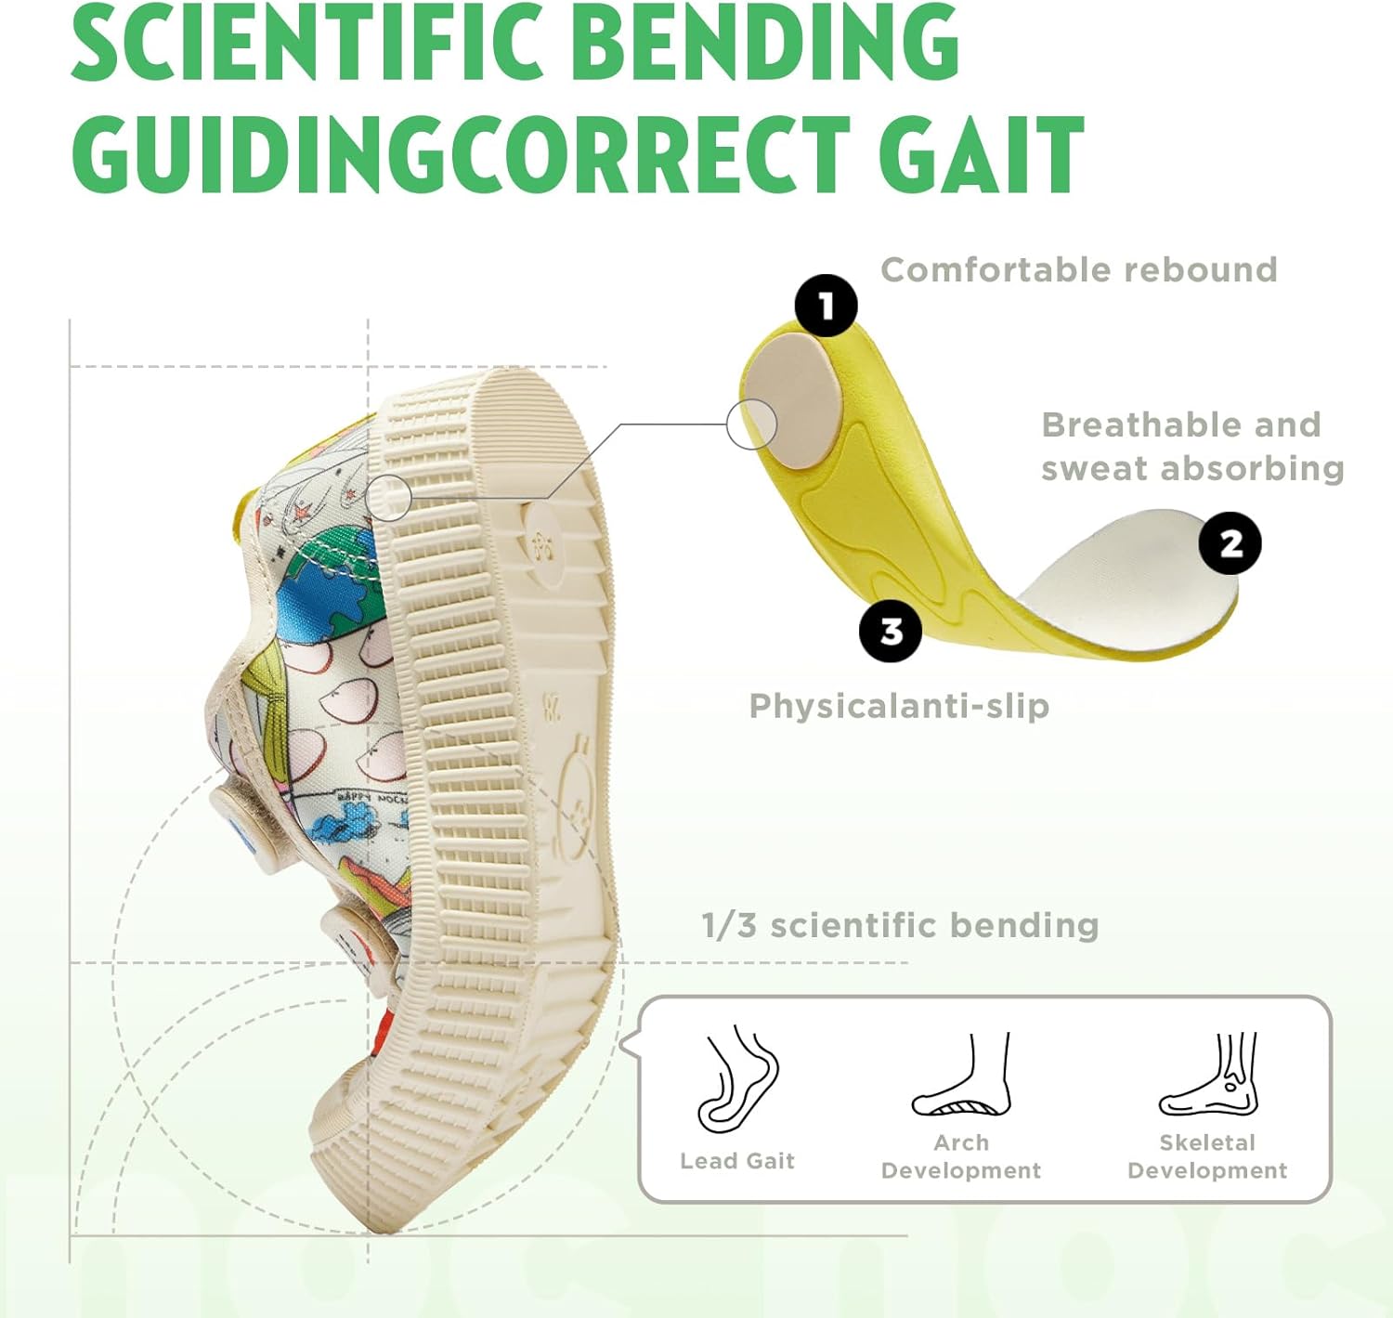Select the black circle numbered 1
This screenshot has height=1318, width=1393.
tap(826, 306)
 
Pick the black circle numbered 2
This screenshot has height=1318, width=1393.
tap(1230, 543)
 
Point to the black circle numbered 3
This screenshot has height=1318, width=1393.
tap(891, 632)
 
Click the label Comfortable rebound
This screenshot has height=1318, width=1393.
tap(1078, 270)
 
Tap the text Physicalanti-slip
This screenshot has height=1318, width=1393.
tap(899, 706)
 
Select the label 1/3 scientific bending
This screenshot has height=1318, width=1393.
tap(900, 925)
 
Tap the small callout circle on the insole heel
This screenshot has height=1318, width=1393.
tap(751, 424)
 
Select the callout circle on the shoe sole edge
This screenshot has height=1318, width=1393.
tap(389, 498)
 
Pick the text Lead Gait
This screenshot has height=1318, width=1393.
tap(737, 1161)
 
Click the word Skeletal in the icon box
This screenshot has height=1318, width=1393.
tap(1206, 1142)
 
